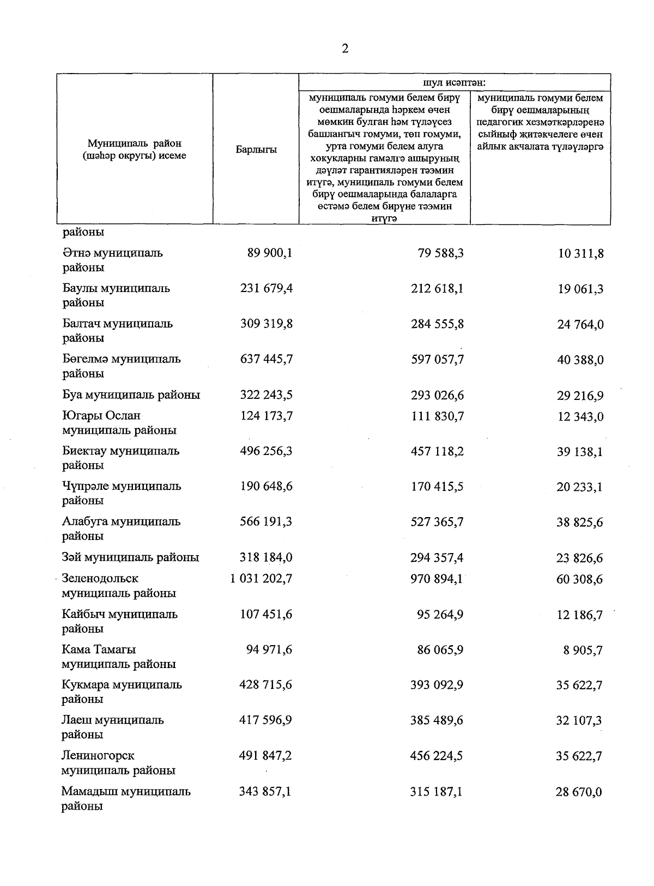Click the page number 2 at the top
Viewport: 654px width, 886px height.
[x=344, y=49]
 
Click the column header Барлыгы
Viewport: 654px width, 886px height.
[x=256, y=150]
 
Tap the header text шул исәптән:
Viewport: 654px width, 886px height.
[x=454, y=83]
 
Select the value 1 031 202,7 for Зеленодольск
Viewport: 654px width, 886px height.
[x=261, y=578]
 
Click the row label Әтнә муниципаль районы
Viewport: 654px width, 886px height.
[x=112, y=260]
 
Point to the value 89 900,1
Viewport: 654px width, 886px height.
[x=270, y=253]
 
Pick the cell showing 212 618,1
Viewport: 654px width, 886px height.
[x=437, y=288]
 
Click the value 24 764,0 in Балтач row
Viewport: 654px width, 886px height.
[x=580, y=324]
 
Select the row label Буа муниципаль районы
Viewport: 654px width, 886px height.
[x=131, y=395]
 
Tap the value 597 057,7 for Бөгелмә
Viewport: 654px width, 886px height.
[x=437, y=360]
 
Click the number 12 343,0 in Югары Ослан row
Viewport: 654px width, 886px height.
[x=580, y=416]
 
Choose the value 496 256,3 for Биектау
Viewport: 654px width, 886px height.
[x=266, y=451]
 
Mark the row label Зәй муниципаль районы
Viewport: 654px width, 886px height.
[x=130, y=557]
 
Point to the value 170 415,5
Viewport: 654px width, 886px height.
[x=437, y=486]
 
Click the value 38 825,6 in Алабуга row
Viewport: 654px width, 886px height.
[x=580, y=522]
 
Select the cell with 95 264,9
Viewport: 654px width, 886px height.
[x=440, y=614]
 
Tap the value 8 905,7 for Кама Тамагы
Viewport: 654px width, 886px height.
[x=583, y=650]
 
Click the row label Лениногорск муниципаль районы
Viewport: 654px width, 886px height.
[x=118, y=762]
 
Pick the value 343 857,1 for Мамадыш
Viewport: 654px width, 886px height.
[x=265, y=791]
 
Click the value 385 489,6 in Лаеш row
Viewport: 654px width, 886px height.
[x=437, y=720]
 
